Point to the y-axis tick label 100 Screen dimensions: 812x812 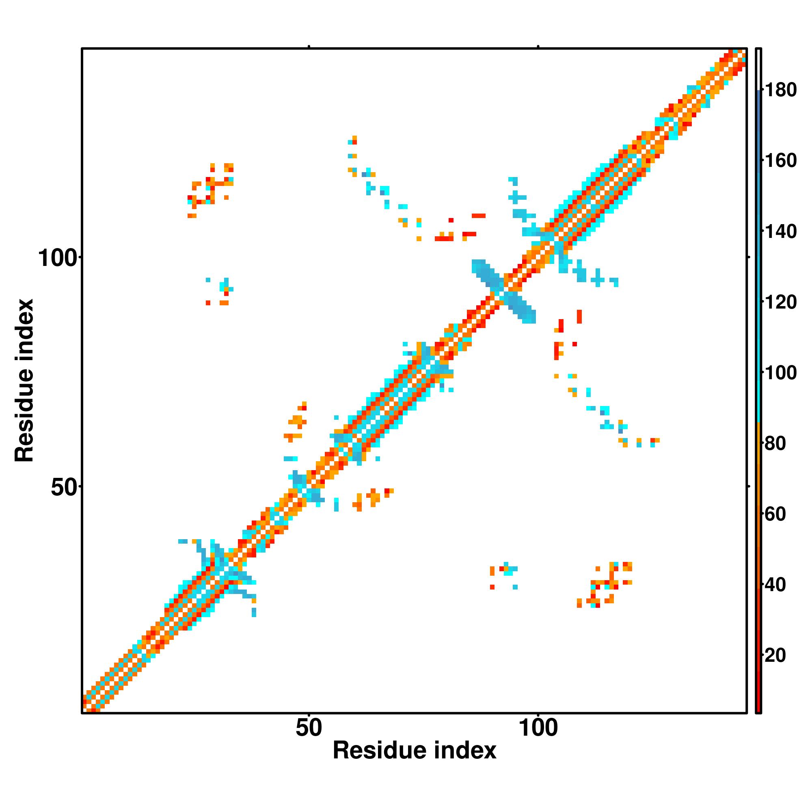[x=58, y=258]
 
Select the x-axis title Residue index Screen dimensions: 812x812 [x=415, y=750]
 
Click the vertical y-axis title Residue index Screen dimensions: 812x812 [x=24, y=380]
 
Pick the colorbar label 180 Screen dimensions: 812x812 [x=780, y=90]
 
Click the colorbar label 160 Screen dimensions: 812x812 [x=780, y=160]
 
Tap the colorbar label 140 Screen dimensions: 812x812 [x=780, y=231]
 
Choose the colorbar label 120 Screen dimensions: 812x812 [x=780, y=302]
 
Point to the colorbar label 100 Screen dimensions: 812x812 [x=780, y=372]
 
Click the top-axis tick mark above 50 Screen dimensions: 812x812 [x=309, y=47]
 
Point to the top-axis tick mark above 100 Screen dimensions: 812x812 [x=538, y=47]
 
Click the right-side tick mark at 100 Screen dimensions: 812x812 [x=748, y=257]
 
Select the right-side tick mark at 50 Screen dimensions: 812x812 [x=748, y=486]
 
